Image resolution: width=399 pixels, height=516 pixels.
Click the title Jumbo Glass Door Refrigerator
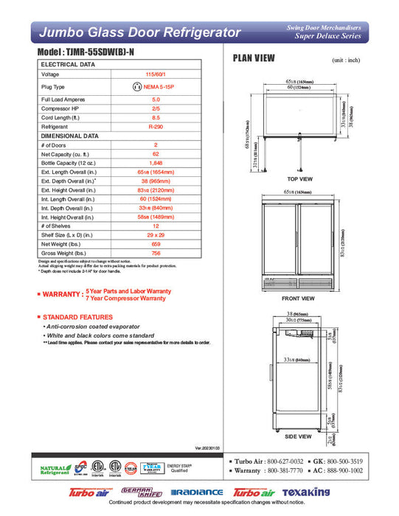pos(139,33)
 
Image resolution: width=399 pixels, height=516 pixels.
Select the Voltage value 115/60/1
pos(156,74)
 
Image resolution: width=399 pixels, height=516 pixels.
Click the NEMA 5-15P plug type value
pos(161,86)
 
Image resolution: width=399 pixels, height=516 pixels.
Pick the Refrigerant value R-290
pos(156,126)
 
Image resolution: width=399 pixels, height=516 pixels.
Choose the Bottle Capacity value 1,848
pos(156,162)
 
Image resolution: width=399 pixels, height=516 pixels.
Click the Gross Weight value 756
pos(156,251)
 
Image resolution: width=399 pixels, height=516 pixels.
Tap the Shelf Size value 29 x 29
pos(156,234)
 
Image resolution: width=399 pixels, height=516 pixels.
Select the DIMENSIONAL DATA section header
pos(70,136)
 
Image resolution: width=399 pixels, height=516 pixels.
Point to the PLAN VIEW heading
pos(254,58)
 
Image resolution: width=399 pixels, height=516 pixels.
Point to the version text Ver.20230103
pos(209,447)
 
